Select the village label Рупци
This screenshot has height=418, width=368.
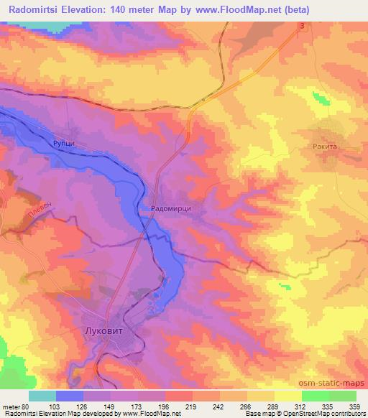(x=64, y=144)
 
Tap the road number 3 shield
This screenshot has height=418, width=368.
(x=303, y=27)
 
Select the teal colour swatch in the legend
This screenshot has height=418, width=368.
(x=42, y=396)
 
